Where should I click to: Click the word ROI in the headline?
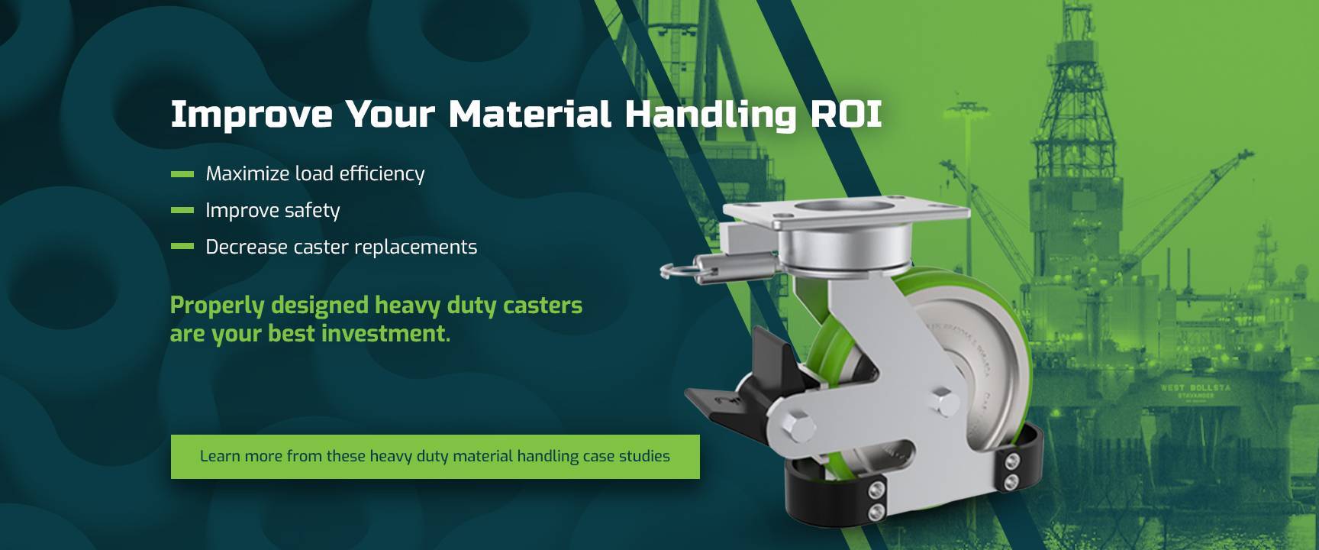[x=846, y=114]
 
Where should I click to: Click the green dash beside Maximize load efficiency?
[x=182, y=174]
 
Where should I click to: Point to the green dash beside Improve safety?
[x=182, y=210]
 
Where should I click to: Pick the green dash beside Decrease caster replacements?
[x=182, y=247]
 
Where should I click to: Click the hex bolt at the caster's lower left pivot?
[x=798, y=427]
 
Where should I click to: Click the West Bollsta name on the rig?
[x=1195, y=388]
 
